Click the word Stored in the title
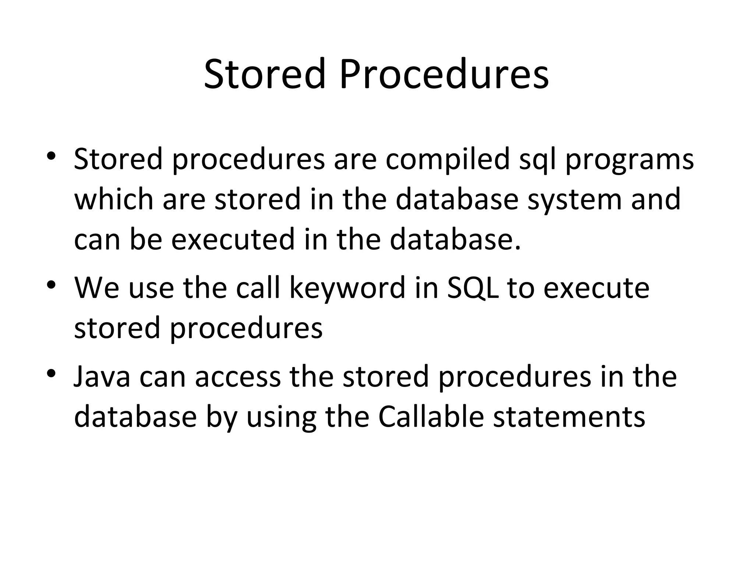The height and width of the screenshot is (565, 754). click(x=265, y=74)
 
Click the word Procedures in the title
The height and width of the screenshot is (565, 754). click(x=444, y=74)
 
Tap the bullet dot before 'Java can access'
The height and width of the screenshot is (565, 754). click(x=51, y=374)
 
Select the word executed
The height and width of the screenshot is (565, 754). click(x=233, y=239)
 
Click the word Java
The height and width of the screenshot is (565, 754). click(x=102, y=377)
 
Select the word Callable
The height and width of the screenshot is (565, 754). click(x=431, y=417)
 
